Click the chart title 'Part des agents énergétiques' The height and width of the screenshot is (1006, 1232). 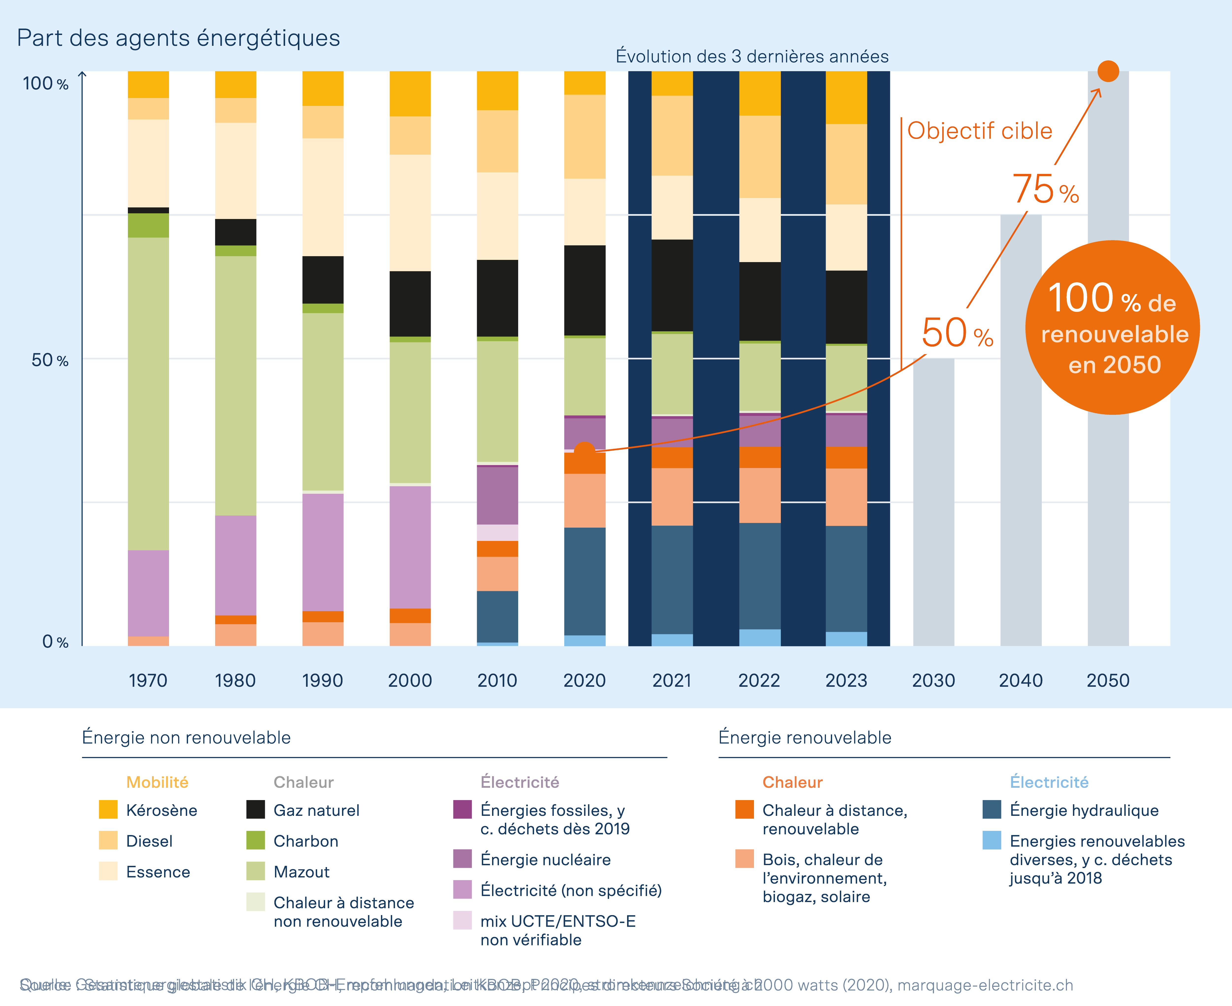coord(178,38)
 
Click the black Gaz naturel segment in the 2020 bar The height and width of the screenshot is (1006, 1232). coord(584,290)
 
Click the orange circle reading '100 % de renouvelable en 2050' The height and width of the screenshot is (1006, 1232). coord(1112,327)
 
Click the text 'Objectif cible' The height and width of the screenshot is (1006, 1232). coord(979,131)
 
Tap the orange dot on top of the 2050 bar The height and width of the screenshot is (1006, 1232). coord(1108,71)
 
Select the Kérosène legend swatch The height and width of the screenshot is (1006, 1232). coord(108,809)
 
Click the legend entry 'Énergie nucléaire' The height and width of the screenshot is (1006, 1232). coord(545,859)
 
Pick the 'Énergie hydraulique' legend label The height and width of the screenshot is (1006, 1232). coord(1084,810)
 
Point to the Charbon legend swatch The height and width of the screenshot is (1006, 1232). coord(256,840)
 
